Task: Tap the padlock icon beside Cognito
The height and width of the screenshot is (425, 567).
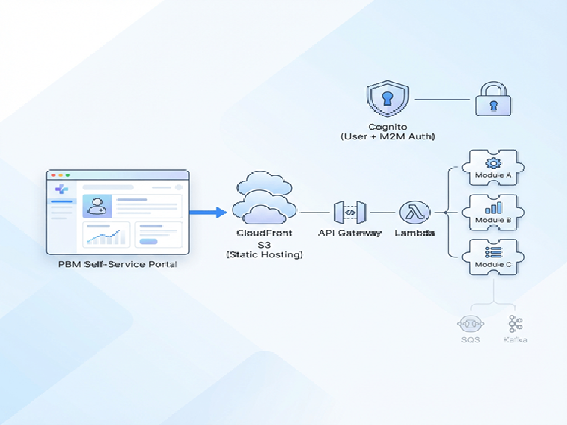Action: coord(493,100)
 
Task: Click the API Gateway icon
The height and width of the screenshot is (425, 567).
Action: coord(350,212)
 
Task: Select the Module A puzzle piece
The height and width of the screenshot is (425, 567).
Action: coord(493,168)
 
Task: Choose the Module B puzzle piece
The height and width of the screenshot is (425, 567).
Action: coord(493,212)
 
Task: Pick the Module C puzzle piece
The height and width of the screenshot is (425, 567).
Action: coord(493,257)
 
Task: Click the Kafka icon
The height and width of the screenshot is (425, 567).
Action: coord(516,323)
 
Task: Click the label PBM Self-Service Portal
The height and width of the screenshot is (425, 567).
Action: coord(118,264)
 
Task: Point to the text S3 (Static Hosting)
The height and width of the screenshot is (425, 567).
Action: coord(265,249)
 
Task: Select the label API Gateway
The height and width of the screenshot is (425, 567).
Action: coord(350,233)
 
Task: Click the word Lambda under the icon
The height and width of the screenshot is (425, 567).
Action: coord(415,233)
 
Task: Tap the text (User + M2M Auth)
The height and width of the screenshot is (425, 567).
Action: coord(387,137)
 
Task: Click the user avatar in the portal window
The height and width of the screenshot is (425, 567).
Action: coord(96,205)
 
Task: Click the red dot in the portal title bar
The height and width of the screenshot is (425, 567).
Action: coord(53,175)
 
